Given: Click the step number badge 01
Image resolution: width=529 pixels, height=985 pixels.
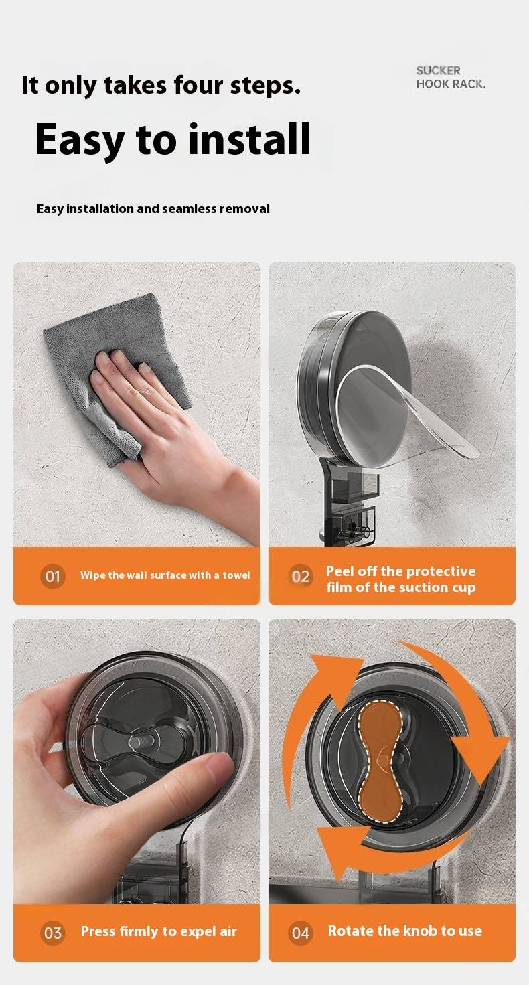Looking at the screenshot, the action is click(x=52, y=576).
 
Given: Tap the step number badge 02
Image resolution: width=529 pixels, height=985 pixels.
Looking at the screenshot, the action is click(x=301, y=576).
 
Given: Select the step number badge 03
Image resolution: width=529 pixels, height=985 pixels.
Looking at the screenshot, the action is click(x=52, y=933).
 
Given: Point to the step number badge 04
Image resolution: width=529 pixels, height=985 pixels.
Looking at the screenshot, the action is click(x=301, y=933).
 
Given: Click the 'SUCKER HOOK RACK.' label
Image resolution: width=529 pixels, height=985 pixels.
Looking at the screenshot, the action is click(x=451, y=78).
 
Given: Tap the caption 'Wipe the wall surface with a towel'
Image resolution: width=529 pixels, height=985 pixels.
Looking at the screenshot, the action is click(x=165, y=575).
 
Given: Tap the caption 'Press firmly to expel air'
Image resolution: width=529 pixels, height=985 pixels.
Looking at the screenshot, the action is click(x=159, y=932).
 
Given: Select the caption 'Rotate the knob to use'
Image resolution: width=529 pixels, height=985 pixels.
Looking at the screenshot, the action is click(x=405, y=931).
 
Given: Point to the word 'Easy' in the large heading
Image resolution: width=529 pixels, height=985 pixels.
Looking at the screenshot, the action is click(x=80, y=141).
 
